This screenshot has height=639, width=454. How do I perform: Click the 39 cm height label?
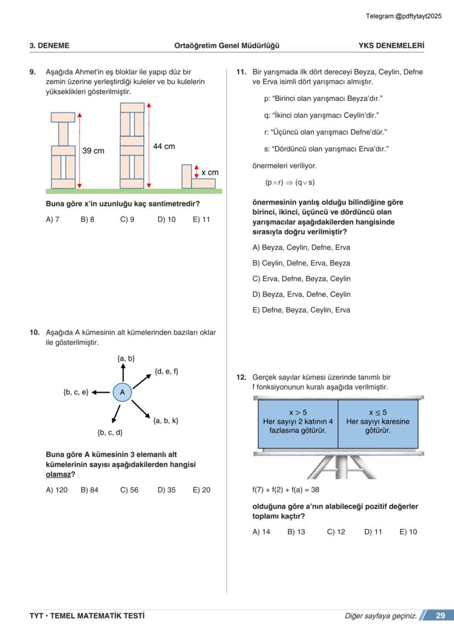tap(93, 151)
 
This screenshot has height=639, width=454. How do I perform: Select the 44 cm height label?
tap(164, 146)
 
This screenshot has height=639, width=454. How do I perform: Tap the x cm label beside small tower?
tap(209, 172)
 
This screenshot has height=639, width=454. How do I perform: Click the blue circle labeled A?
tap(122, 392)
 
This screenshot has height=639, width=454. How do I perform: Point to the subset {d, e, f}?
tap(167, 371)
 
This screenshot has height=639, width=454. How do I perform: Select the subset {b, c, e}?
tap(76, 392)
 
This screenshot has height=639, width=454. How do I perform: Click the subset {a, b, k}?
tap(166, 421)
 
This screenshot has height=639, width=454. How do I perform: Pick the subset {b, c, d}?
tap(110, 433)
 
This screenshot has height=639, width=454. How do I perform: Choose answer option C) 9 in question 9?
tap(127, 220)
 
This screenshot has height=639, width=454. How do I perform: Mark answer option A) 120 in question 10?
tap(56, 490)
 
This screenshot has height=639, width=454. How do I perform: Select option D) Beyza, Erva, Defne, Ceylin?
tap(301, 294)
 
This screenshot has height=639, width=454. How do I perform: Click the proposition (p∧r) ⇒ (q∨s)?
tap(290, 182)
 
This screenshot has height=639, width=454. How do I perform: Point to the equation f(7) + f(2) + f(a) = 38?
tap(286, 490)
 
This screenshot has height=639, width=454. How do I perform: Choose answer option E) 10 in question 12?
tap(408, 532)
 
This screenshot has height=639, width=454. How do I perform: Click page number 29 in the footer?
tap(440, 616)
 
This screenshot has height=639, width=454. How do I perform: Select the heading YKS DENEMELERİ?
tap(391, 45)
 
